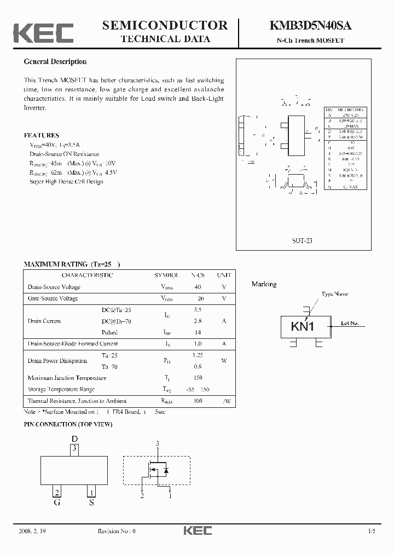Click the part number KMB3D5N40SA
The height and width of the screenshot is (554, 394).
pyautogui.click(x=310, y=25)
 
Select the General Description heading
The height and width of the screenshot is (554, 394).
pyautogui.click(x=55, y=62)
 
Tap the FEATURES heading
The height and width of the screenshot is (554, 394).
pyautogui.click(x=42, y=135)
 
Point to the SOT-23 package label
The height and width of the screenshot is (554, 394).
pyautogui.click(x=302, y=240)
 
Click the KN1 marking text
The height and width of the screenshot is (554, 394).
pyautogui.click(x=302, y=327)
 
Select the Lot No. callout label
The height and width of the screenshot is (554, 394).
pyautogui.click(x=349, y=324)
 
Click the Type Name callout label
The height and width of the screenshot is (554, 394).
pyautogui.click(x=334, y=294)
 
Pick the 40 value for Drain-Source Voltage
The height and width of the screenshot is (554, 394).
pyautogui.click(x=198, y=287)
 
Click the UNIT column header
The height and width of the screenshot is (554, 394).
pyautogui.click(x=223, y=275)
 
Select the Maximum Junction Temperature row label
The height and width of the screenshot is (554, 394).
pyautogui.click(x=67, y=378)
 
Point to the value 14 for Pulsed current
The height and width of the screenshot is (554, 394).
pyautogui.click(x=198, y=332)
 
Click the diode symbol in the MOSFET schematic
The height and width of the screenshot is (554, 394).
pyautogui.click(x=166, y=470)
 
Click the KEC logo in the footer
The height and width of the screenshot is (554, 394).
pyautogui.click(x=197, y=531)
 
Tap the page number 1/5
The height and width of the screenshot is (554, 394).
pyautogui.click(x=372, y=532)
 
